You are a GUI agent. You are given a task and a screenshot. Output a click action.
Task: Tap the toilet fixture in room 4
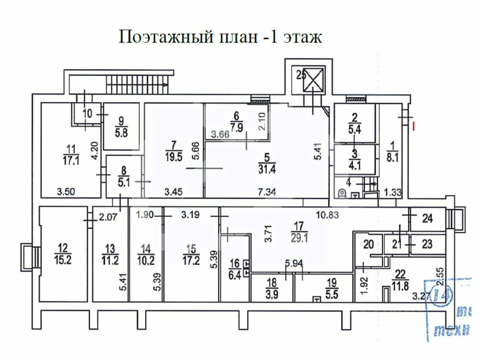(x=342, y=193)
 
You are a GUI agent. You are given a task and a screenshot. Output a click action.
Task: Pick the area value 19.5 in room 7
(x=173, y=156)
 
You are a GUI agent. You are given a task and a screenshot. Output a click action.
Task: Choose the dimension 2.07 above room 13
(x=108, y=218)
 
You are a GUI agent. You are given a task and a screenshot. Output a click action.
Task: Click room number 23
(x=426, y=244)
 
